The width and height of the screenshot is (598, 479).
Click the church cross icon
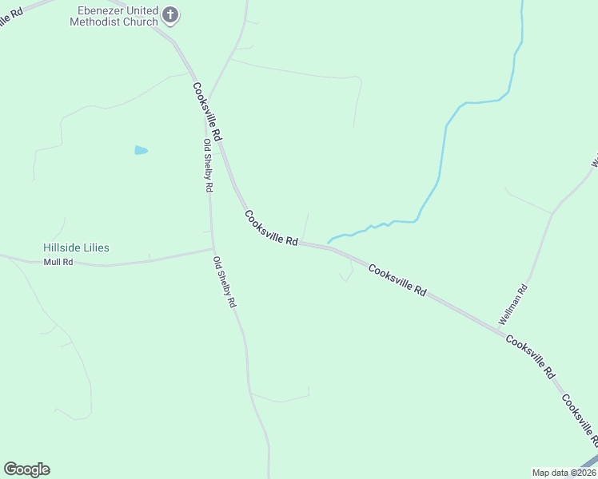169,15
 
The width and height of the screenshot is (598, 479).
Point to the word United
141,10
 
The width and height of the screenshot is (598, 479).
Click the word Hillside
62,248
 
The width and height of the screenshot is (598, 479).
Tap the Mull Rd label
58,262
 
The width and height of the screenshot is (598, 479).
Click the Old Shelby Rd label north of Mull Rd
208,165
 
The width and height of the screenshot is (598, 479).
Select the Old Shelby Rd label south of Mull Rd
225,282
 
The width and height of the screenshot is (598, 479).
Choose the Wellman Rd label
513,304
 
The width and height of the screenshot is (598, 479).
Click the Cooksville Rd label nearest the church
207,112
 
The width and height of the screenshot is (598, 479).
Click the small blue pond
142,150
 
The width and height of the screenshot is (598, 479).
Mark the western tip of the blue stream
329,242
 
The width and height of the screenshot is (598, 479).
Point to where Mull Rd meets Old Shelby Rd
213,249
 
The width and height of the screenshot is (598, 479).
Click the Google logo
26,469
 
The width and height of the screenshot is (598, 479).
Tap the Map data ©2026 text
564,473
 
